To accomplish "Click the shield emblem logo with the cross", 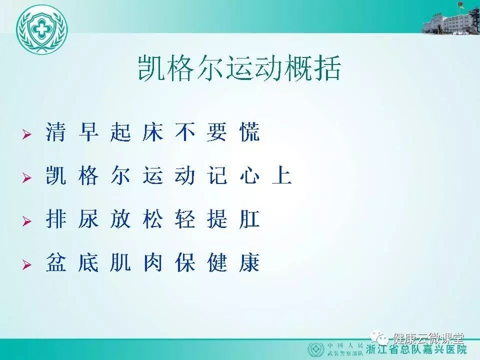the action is pos(41,29).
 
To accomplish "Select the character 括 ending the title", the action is pos(327,68).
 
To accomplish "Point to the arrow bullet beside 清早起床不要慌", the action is pos(27,134).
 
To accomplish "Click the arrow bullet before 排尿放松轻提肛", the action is pos(27,221).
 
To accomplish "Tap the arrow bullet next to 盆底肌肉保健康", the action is pos(27,264).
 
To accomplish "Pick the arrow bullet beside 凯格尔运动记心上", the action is pos(27,177).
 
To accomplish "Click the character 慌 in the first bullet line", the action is pos(249,132).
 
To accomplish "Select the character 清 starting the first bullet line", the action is pos(56,132).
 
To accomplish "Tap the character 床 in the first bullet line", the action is pos(153,132).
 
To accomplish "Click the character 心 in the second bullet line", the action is pos(249,175).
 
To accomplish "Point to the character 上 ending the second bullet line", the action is pos(281,175).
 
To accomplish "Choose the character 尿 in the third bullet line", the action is pos(88,219).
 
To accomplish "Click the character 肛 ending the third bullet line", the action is pos(249,219).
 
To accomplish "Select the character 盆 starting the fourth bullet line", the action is pos(56,262).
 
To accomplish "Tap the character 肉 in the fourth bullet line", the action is pos(153,262).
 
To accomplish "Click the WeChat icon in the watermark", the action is pos(379,337).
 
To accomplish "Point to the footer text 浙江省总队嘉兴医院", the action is pos(416,350).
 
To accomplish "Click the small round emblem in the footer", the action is pos(316,349).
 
